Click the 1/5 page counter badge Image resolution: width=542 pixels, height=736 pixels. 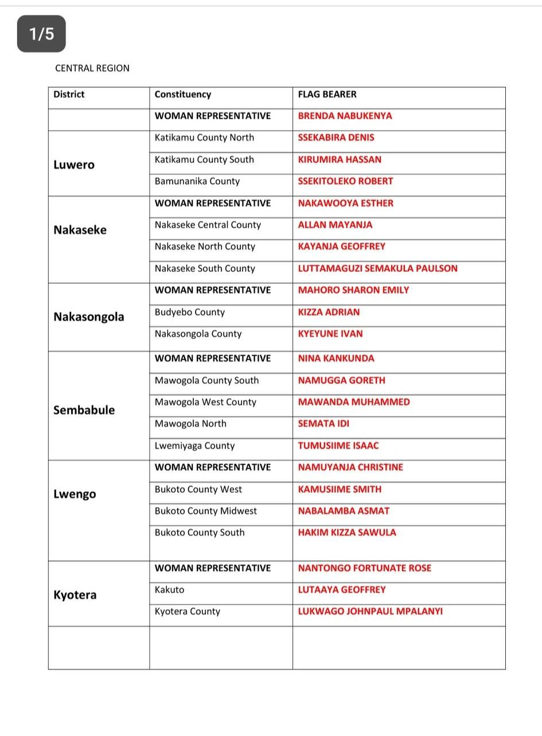click(x=41, y=34)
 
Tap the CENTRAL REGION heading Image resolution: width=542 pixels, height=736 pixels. click(x=92, y=68)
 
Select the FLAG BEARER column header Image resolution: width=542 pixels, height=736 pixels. click(x=327, y=94)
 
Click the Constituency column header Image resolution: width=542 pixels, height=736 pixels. click(x=182, y=95)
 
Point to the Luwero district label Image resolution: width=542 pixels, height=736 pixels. click(x=74, y=165)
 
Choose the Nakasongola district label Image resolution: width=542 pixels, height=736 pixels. click(x=88, y=317)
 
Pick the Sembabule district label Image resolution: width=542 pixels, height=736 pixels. click(x=84, y=410)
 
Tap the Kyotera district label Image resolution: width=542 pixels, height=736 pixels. click(x=75, y=595)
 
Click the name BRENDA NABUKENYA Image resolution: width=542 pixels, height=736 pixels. click(x=345, y=116)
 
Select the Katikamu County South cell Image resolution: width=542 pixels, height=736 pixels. click(x=204, y=159)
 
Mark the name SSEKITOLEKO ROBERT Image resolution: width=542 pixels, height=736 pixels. click(x=345, y=181)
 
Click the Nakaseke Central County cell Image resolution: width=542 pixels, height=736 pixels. click(x=208, y=225)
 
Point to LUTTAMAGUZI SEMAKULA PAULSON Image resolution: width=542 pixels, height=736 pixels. click(x=377, y=268)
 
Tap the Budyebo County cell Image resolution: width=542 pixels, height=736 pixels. click(x=189, y=313)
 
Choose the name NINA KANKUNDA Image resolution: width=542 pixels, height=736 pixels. click(x=336, y=359)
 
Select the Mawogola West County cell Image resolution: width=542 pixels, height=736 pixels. click(x=205, y=402)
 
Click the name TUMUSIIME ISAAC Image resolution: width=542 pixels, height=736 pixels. click(x=338, y=446)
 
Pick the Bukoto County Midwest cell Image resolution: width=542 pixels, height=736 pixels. click(x=205, y=511)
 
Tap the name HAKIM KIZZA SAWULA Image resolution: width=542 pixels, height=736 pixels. click(x=346, y=532)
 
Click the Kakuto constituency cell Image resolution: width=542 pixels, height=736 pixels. click(x=169, y=590)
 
